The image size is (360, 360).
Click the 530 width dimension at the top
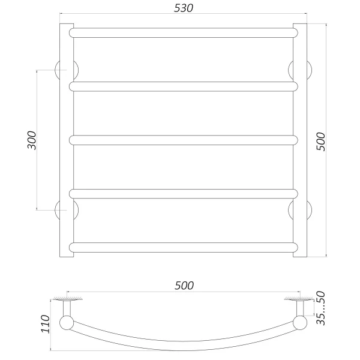[184, 9]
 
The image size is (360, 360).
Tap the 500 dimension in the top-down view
[184, 286]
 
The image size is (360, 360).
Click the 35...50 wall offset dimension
[321, 310]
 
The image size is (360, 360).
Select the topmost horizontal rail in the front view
[184, 32]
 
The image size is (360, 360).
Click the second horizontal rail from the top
[184, 86]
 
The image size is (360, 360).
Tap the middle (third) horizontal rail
[184, 140]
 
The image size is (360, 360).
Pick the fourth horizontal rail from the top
[184, 193]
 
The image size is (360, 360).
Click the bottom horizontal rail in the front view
[184, 247]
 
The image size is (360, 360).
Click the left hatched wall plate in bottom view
[67, 298]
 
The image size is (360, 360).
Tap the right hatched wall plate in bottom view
[299, 298]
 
